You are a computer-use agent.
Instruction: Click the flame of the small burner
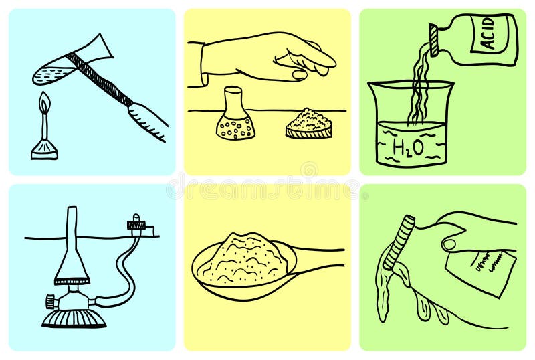(x=44, y=104)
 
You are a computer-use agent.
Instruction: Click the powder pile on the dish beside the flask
(x=308, y=121)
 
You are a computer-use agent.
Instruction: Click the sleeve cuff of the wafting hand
(x=197, y=64)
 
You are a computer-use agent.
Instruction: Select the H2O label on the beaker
(x=408, y=149)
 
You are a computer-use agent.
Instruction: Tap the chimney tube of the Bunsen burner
(x=71, y=234)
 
